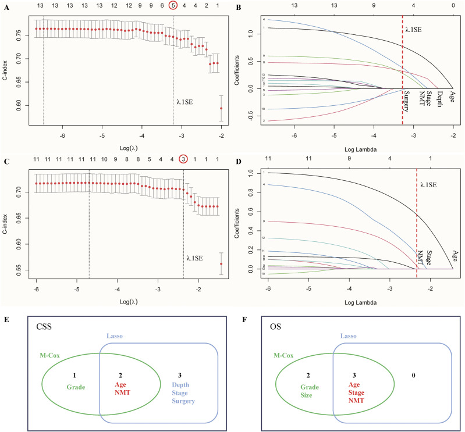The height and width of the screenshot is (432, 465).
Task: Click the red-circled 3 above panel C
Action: (183, 159)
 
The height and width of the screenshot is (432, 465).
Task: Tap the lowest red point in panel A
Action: (221, 108)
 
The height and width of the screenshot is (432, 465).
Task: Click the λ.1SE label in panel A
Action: (186, 101)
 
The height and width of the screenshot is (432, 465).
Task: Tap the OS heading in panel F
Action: (271, 328)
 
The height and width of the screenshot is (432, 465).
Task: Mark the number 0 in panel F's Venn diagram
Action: (413, 376)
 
